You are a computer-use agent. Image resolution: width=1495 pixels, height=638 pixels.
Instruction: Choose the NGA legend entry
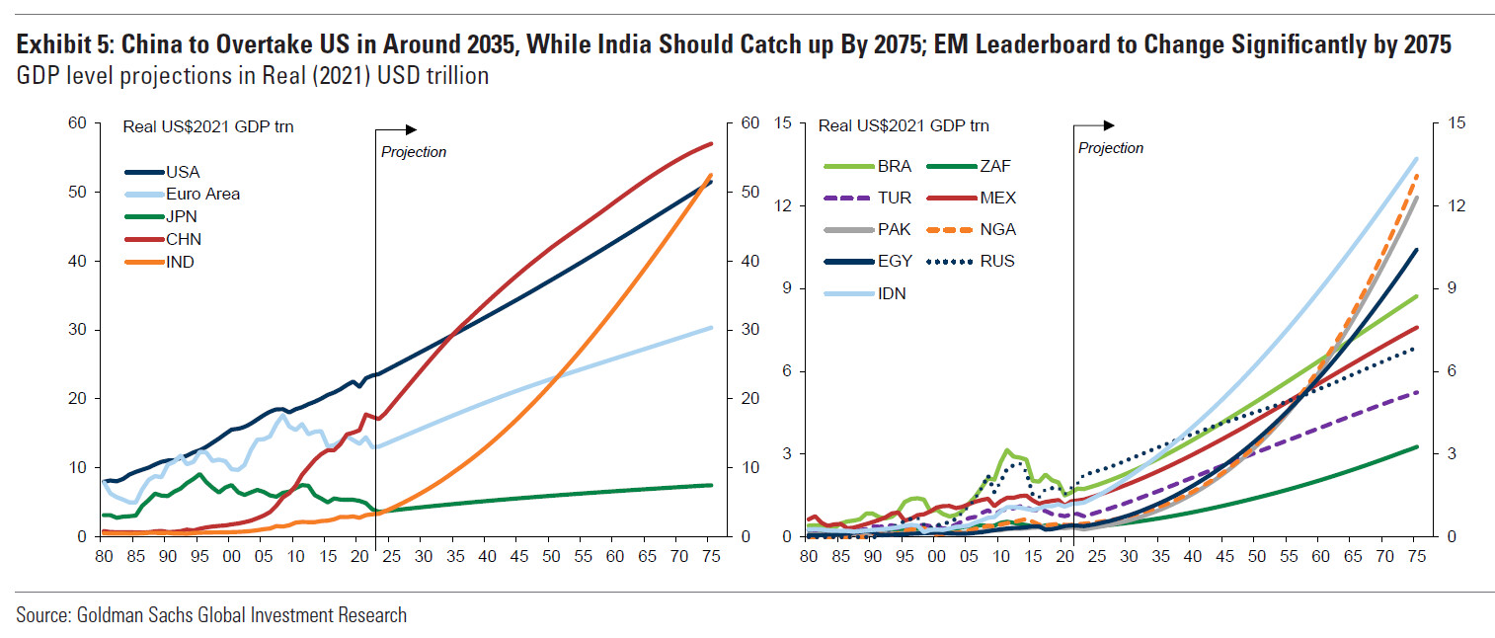998,230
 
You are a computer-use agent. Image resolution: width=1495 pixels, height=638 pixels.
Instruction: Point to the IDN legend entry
892,293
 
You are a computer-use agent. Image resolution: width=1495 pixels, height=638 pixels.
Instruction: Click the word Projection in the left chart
414,152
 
